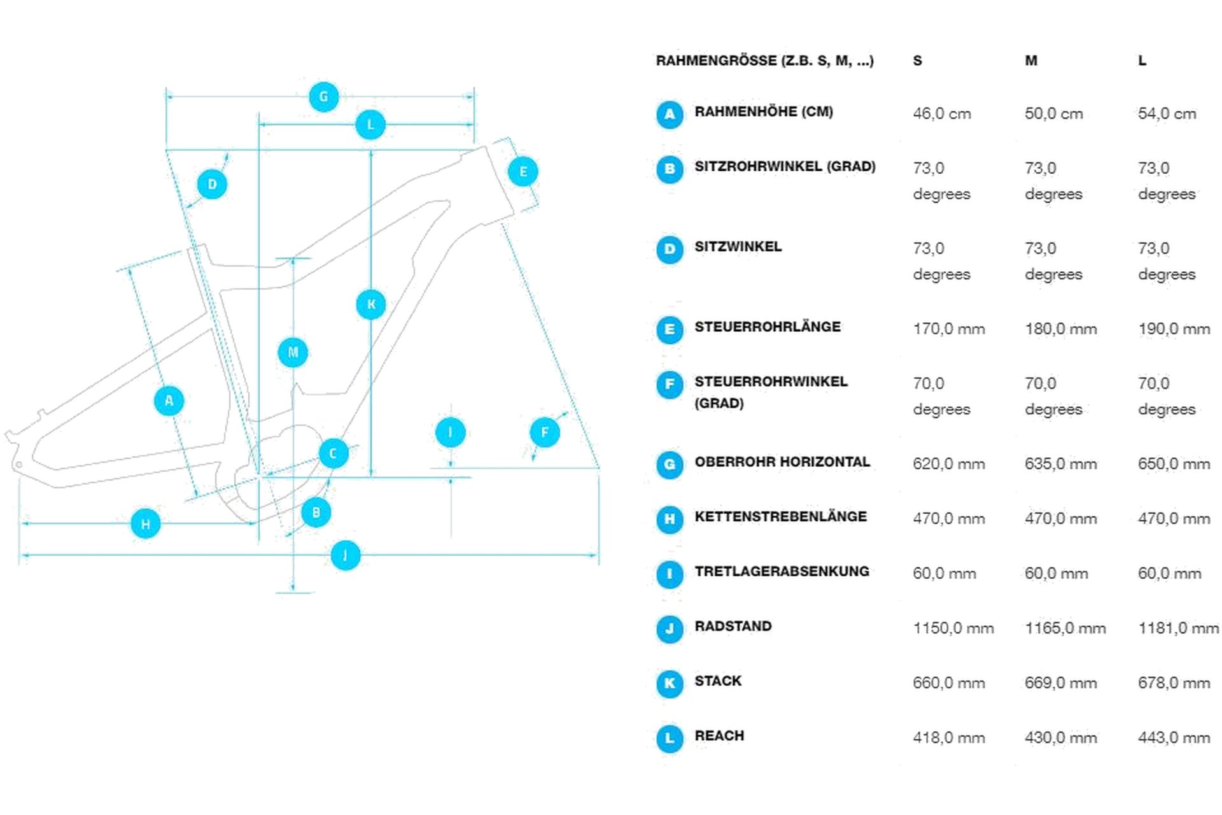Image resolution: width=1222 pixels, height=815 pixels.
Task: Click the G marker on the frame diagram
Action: click(323, 97)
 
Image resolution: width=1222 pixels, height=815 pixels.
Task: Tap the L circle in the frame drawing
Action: click(370, 125)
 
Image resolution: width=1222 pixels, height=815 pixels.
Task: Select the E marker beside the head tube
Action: click(523, 171)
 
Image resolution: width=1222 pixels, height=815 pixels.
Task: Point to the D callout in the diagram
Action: click(212, 185)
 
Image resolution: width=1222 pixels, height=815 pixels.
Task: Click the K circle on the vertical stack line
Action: click(371, 304)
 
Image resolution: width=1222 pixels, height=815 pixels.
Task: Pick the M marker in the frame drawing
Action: click(293, 352)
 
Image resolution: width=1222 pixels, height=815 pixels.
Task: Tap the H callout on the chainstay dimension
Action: click(146, 523)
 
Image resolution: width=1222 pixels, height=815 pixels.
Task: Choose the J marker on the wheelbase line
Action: click(346, 555)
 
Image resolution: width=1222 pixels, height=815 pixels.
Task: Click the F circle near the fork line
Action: click(545, 433)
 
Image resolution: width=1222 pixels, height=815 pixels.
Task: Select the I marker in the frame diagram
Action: click(451, 433)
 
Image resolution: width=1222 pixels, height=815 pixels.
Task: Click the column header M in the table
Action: click(1031, 60)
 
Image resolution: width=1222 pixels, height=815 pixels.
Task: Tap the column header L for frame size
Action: click(1142, 60)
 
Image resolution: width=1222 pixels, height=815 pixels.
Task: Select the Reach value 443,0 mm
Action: click(1174, 737)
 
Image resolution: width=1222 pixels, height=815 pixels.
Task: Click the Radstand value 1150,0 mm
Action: click(953, 628)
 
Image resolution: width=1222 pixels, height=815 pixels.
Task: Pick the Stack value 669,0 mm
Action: click(1060, 683)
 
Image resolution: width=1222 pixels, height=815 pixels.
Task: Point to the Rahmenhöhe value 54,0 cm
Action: click(1167, 113)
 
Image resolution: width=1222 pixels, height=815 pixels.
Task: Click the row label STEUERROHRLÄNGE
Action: click(767, 327)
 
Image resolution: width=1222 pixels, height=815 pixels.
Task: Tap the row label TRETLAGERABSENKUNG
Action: click(782, 571)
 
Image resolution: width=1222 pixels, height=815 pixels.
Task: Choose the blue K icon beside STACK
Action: click(670, 683)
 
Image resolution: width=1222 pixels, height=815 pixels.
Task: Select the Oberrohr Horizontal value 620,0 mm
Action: click(948, 464)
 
